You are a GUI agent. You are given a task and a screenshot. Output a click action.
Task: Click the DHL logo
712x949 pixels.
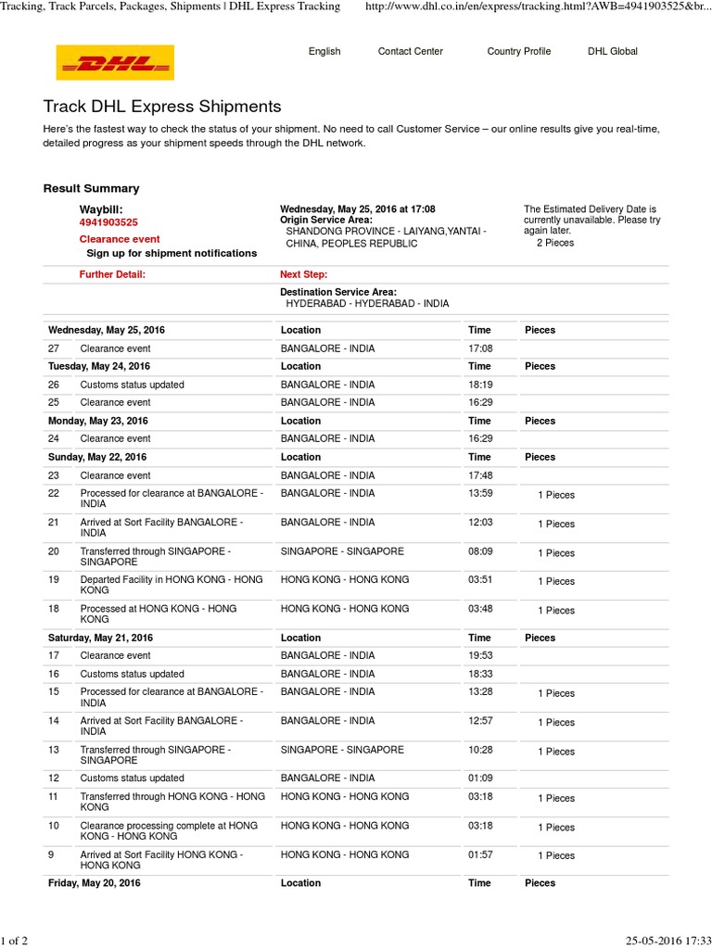tap(115, 62)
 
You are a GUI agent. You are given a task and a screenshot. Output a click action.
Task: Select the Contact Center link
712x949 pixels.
tap(410, 52)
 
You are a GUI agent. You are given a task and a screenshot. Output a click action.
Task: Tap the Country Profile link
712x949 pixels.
tap(518, 52)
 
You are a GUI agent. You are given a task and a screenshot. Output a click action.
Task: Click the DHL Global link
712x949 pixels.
tap(612, 52)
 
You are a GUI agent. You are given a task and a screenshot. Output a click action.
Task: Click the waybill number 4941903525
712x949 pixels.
tap(108, 222)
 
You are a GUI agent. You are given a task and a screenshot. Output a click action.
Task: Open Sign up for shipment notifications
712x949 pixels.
tap(172, 253)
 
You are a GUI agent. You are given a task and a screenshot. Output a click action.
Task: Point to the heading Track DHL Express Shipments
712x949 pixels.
tap(162, 108)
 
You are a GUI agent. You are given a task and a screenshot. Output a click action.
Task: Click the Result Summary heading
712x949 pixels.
tap(91, 188)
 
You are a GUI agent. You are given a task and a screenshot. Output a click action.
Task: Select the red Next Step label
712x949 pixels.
tap(303, 274)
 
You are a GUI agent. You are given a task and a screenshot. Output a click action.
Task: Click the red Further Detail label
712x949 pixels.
tap(112, 274)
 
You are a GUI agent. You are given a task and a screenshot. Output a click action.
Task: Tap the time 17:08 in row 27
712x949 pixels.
tap(479, 348)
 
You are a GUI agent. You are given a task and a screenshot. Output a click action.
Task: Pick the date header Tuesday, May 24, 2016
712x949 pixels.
tap(99, 366)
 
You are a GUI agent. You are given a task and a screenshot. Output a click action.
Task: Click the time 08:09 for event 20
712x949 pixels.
tap(479, 551)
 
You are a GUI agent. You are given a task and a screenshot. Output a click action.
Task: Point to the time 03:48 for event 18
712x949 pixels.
tap(479, 609)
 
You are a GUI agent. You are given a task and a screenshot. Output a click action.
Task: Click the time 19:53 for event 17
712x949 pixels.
tap(479, 656)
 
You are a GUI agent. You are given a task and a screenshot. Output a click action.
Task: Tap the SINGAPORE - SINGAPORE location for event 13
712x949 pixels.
tap(342, 750)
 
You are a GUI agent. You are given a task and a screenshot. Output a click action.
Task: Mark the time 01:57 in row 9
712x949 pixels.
tap(479, 854)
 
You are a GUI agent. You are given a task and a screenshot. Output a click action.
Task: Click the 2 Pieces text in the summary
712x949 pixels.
tap(555, 243)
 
